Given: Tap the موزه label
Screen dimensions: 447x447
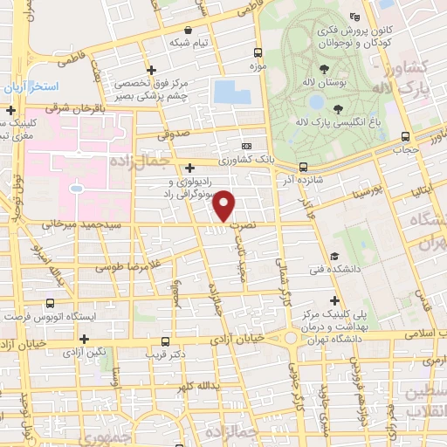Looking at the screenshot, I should (258, 65).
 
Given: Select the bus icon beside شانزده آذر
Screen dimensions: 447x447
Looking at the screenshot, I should (303, 166).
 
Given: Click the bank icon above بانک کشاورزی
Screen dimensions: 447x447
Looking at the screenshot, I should (247, 146).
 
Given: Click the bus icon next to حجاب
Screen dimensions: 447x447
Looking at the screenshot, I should (405, 136).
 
